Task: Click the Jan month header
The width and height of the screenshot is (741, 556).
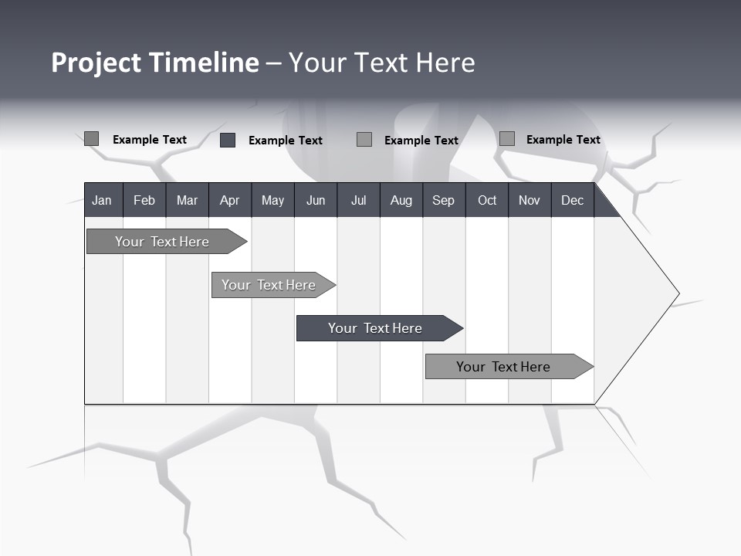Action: pos(103,200)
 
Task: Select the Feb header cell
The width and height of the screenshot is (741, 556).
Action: pos(144,200)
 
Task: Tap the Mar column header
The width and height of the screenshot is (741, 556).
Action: pos(187,200)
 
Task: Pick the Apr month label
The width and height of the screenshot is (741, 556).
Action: pos(230,200)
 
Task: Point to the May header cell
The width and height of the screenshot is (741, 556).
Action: pos(272,200)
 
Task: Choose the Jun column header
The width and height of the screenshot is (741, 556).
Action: pos(316,200)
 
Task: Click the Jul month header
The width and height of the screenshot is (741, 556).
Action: pos(358,200)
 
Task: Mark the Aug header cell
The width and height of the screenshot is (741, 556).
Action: pos(401,200)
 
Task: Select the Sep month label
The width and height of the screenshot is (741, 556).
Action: pos(444,200)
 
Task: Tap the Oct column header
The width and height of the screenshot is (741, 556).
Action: pos(487,200)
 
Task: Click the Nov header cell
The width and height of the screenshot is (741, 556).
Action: pos(530,200)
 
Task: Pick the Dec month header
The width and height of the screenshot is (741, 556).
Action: pos(573,200)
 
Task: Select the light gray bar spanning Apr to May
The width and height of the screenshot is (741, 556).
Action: pos(271,285)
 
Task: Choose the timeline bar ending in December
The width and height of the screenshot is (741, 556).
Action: pos(506,367)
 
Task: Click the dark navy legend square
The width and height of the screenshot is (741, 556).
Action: pos(228,140)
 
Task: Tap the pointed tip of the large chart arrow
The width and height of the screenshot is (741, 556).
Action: pos(677,293)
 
